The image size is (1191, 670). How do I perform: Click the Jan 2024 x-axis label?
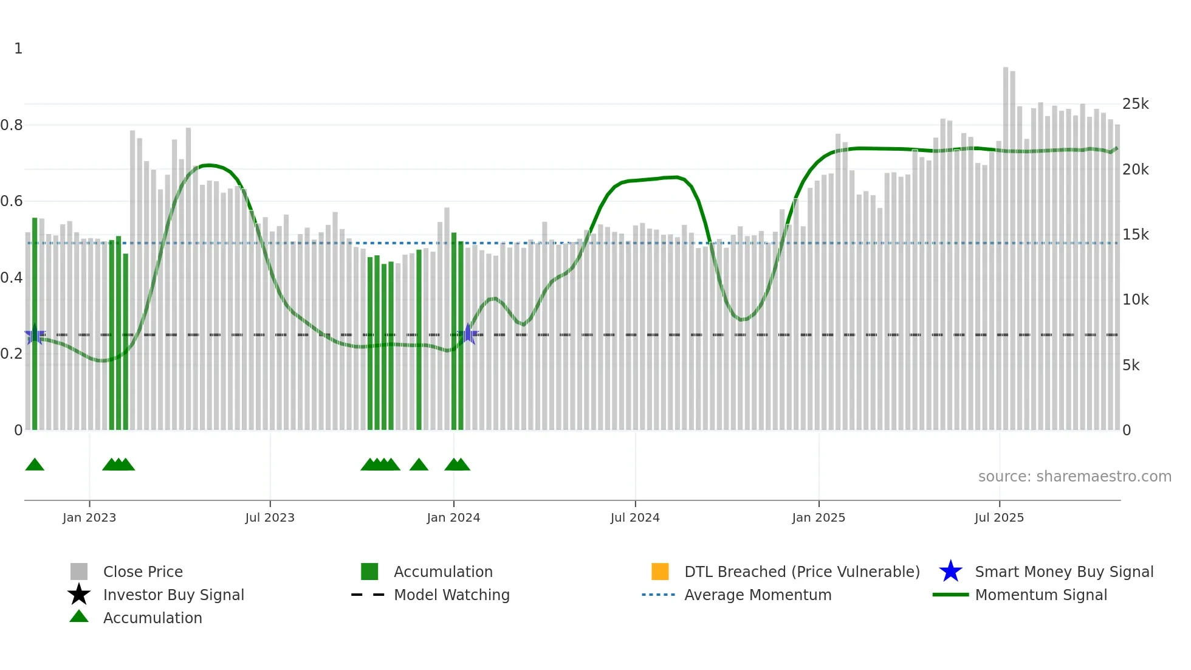(x=453, y=517)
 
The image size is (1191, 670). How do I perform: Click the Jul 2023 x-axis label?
(x=270, y=517)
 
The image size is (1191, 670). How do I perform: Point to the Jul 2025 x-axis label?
(x=999, y=517)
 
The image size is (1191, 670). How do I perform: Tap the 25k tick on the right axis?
(x=1135, y=104)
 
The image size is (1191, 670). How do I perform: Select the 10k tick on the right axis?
(x=1135, y=300)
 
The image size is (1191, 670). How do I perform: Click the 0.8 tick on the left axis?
(x=12, y=125)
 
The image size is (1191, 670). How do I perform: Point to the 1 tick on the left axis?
(x=18, y=49)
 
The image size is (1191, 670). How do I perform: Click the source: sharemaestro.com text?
(x=1074, y=476)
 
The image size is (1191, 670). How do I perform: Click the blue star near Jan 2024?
(x=468, y=334)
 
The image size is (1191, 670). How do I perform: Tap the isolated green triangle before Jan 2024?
(x=419, y=465)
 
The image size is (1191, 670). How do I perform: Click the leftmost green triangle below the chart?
(x=35, y=465)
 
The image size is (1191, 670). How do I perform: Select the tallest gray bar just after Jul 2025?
(x=1006, y=243)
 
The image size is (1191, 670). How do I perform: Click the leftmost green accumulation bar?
(x=35, y=322)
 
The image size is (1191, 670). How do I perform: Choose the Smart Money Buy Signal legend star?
(x=950, y=572)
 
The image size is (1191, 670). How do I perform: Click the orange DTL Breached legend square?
(x=660, y=572)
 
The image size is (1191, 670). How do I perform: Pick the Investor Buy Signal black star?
(x=79, y=595)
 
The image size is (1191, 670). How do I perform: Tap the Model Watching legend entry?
(x=451, y=595)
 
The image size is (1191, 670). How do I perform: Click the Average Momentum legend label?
(x=757, y=595)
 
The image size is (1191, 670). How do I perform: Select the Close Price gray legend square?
(x=79, y=572)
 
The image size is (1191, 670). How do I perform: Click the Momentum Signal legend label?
(x=1040, y=595)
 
